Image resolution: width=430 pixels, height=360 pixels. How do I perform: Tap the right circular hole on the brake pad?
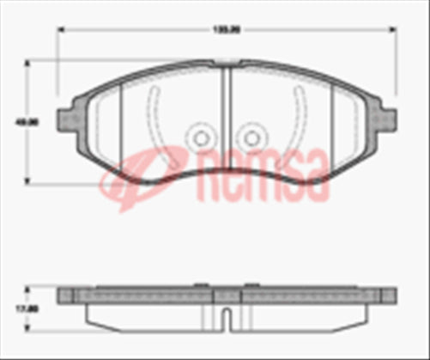(x=251, y=137)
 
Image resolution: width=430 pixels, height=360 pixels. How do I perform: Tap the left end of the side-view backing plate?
(x=62, y=296)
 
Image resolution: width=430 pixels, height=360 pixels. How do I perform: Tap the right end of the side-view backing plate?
(x=391, y=296)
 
